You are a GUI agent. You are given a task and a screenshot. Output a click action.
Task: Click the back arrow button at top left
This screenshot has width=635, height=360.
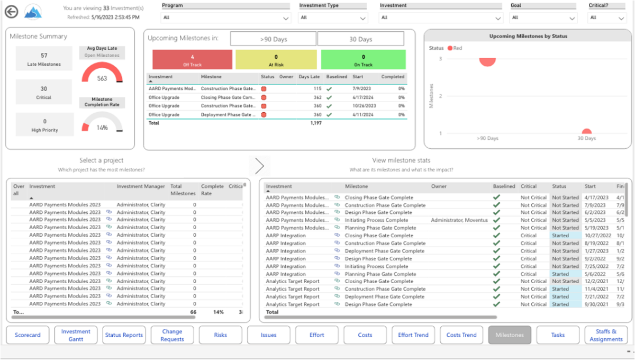pyautogui.click(x=11, y=12)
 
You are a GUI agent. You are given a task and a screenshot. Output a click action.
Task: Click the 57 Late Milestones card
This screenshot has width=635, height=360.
pyautogui.click(x=44, y=59)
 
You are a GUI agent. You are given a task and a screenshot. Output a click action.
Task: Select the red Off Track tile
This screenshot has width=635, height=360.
pyautogui.click(x=192, y=60)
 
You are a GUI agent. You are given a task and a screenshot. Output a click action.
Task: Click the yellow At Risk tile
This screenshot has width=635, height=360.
pyautogui.click(x=276, y=60)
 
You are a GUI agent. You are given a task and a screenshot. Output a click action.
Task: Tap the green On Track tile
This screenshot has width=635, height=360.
pyautogui.click(x=363, y=60)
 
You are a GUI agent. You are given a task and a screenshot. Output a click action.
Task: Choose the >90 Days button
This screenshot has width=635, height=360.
pyautogui.click(x=273, y=39)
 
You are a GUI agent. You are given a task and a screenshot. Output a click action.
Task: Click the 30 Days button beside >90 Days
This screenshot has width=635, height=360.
pyautogui.click(x=360, y=39)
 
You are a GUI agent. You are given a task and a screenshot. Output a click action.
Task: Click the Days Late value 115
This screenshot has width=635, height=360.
pyautogui.click(x=317, y=89)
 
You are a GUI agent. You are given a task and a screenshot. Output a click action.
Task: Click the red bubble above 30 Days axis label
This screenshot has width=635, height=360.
pyautogui.click(x=586, y=132)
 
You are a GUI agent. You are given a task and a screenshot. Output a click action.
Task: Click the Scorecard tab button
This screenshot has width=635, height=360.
pyautogui.click(x=28, y=335)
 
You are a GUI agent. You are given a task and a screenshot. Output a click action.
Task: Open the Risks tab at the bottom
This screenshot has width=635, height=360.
pyautogui.click(x=220, y=335)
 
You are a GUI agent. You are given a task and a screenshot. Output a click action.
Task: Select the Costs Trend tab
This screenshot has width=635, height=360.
pyautogui.click(x=461, y=335)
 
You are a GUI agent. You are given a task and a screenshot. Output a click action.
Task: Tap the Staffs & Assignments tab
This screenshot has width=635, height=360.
pyautogui.click(x=605, y=335)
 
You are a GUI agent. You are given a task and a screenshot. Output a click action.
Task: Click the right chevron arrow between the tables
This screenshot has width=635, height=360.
pyautogui.click(x=259, y=166)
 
